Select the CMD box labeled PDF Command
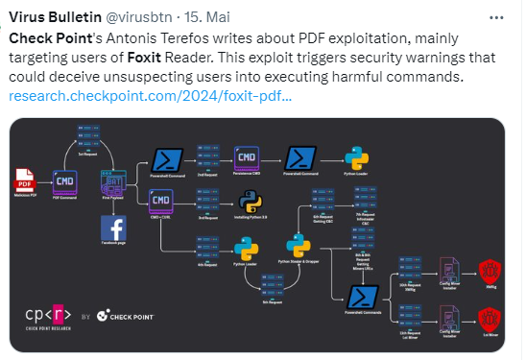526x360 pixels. click(65, 180)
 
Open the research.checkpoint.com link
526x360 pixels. click(150, 96)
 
